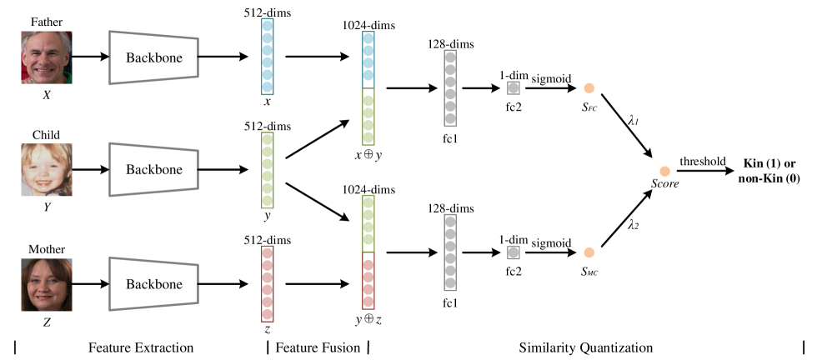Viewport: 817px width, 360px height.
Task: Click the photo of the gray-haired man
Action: tap(47, 57)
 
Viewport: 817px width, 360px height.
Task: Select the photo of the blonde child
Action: tap(47, 170)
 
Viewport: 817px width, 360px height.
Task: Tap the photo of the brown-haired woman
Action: tap(47, 284)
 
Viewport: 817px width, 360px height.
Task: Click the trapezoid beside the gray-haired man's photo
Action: tap(153, 57)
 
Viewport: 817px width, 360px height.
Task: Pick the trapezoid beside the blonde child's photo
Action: tap(153, 170)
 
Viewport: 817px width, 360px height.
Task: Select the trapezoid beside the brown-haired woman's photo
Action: tap(153, 284)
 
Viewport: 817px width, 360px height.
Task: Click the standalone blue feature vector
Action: tap(268, 57)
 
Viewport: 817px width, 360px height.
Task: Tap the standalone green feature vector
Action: tap(268, 170)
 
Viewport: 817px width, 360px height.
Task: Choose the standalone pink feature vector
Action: tap(268, 283)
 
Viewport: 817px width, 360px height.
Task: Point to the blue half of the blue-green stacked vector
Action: tap(368, 60)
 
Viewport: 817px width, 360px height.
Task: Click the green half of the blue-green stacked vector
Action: tap(368, 117)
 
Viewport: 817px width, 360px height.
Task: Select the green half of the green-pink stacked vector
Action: tap(368, 223)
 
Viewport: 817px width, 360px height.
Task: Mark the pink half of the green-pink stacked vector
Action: tap(368, 281)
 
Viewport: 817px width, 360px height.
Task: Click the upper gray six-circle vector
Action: tap(450, 88)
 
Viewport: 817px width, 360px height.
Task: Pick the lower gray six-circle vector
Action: tap(450, 252)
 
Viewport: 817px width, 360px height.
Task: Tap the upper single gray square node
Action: tap(514, 88)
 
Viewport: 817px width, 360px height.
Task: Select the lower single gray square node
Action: tap(514, 252)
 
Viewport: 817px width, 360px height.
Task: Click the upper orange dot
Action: tap(589, 88)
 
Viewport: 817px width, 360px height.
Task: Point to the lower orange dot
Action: tap(589, 252)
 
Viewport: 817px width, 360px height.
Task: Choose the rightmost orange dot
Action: tap(664, 172)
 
